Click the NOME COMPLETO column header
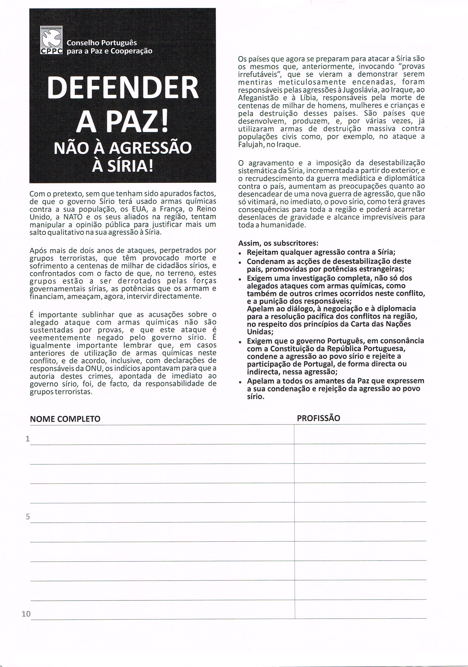[x=65, y=419]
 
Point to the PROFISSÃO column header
[x=318, y=418]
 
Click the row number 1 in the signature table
[x=28, y=439]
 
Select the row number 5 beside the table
[x=28, y=517]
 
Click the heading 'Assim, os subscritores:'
[x=278, y=243]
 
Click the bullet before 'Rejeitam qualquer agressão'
[x=240, y=253]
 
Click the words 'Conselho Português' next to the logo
[x=102, y=43]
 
